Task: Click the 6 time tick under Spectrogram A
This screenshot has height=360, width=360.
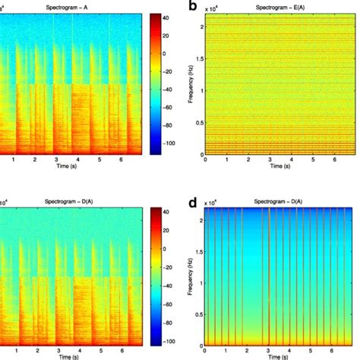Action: (121, 161)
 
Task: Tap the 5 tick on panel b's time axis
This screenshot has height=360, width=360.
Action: (312, 161)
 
